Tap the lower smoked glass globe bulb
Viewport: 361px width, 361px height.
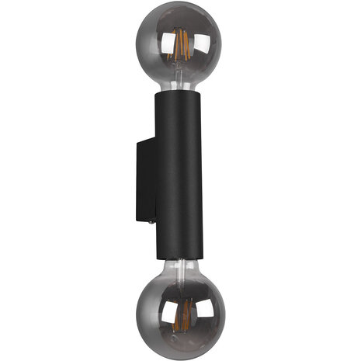(x=181, y=311)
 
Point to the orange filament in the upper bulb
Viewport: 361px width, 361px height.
(x=181, y=47)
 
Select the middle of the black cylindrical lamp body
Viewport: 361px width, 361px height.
(x=181, y=179)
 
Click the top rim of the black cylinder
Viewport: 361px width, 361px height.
(x=181, y=92)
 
